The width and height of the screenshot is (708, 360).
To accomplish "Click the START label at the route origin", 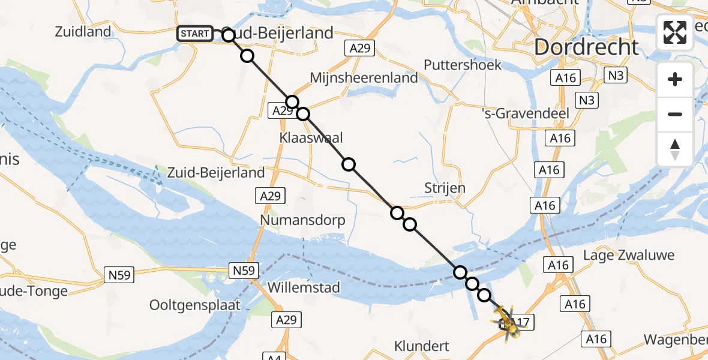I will [x=194, y=34].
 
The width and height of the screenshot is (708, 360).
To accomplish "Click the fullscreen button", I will [x=675, y=32].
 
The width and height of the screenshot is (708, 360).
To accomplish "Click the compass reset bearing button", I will [x=675, y=149].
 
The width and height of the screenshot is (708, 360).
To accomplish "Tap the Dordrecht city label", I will [x=586, y=47].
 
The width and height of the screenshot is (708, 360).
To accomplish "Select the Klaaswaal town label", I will [x=311, y=138].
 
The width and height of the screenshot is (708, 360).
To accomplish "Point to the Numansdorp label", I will [x=302, y=220].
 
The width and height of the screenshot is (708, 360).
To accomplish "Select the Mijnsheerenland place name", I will [x=364, y=78].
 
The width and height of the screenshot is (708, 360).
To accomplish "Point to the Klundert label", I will [x=422, y=346].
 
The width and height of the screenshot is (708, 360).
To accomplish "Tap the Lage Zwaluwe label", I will [x=629, y=255].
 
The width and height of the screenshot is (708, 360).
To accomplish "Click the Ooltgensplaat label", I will [x=195, y=305].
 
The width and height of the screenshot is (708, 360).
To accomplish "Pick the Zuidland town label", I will [x=83, y=32].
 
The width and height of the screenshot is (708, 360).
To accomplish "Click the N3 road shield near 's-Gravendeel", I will [x=587, y=100].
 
